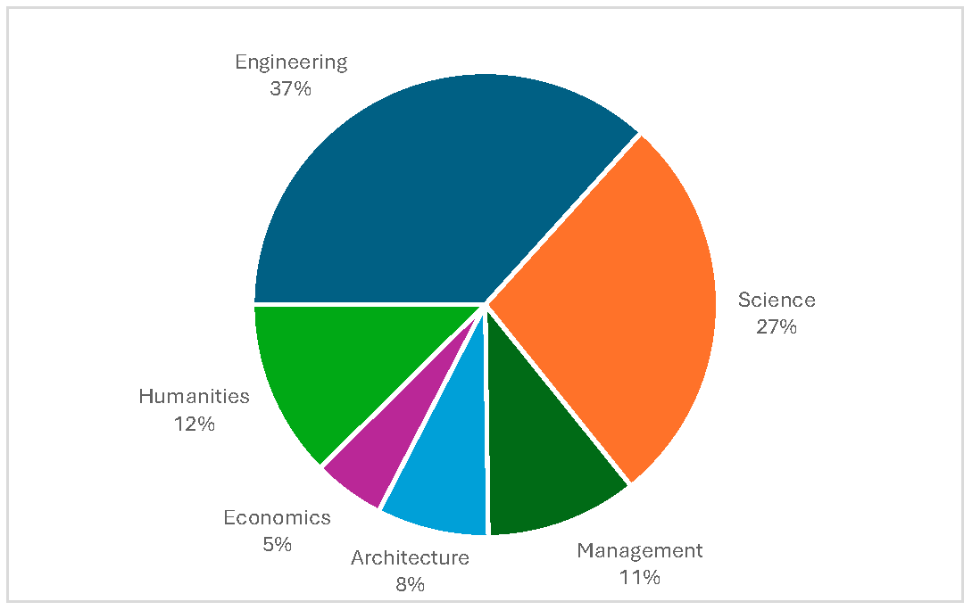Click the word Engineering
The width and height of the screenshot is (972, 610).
coord(291,62)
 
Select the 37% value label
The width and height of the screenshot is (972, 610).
coord(291,88)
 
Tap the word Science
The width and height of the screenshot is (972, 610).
coord(777,301)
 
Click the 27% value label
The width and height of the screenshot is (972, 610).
coord(777,326)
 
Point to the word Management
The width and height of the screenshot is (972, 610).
coord(640,550)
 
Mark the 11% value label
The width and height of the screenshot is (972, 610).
coord(640,577)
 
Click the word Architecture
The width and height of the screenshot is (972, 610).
coord(410,558)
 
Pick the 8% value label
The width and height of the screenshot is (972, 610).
coord(410,584)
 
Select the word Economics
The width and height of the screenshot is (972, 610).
coord(277,518)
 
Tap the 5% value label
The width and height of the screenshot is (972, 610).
coord(277,544)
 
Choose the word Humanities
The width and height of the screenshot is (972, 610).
coord(194,397)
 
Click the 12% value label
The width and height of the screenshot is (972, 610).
coord(194,424)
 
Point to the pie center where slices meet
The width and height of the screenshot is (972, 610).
coord(486,304)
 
